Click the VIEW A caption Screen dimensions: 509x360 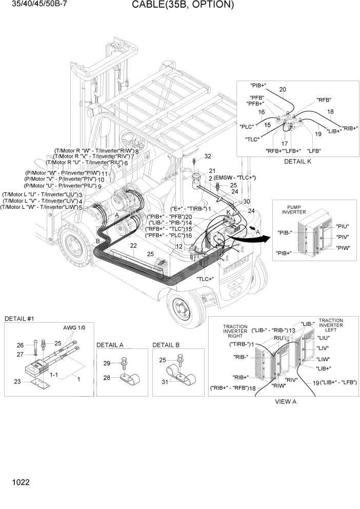point(286,401)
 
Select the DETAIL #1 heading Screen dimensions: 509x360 point(19,319)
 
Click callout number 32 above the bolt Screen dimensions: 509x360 point(208,156)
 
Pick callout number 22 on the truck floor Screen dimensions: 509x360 point(133,246)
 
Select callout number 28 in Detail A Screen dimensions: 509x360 point(107,378)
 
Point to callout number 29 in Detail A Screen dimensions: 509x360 point(107,363)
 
